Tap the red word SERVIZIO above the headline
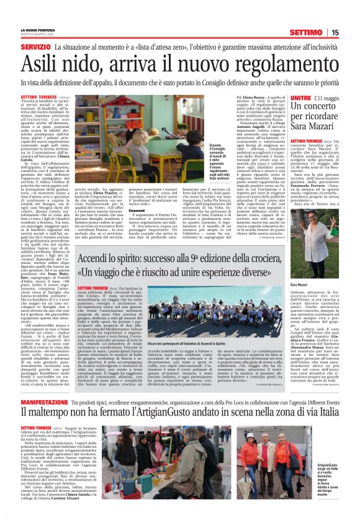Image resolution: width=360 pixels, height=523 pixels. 35,47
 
